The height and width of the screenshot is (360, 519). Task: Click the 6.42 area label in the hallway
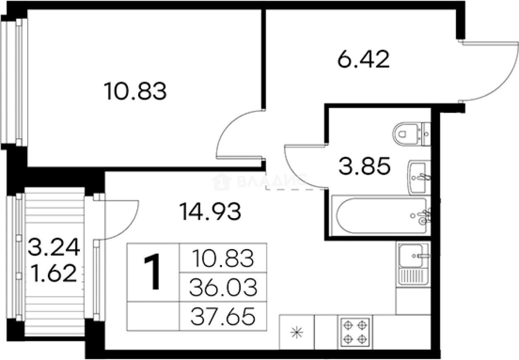tap(363, 61)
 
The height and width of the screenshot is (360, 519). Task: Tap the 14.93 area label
tap(210, 212)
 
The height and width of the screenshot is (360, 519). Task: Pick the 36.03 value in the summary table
tap(223, 287)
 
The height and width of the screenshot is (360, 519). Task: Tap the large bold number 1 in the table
tap(153, 272)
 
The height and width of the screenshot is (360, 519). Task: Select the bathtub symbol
tap(381, 216)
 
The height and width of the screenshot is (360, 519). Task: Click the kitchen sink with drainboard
tap(413, 264)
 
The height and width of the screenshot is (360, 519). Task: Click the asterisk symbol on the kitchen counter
tap(297, 332)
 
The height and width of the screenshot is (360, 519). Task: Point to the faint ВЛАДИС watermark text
tap(259, 181)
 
